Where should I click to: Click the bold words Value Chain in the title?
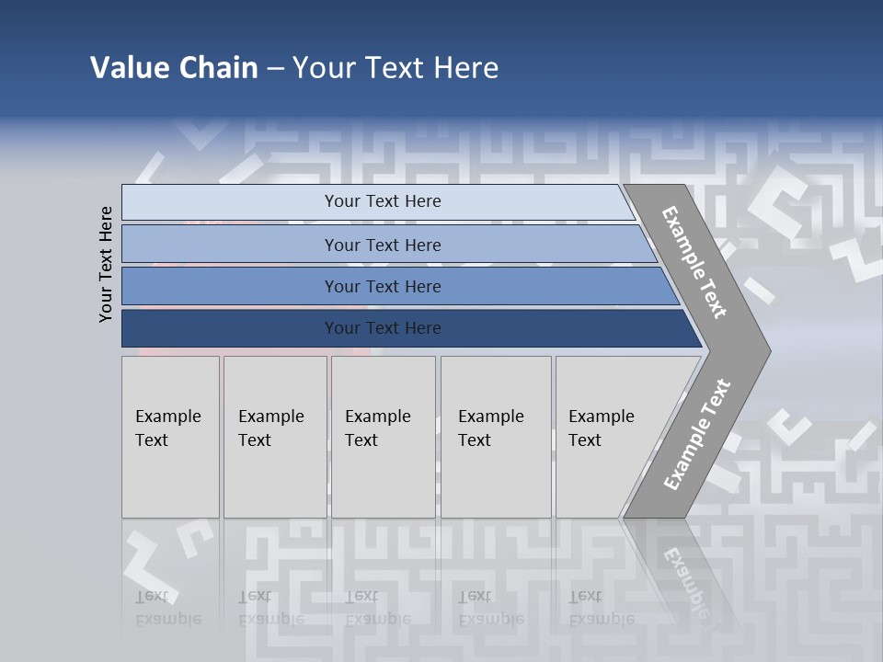pos(174,68)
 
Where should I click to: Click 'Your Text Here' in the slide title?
pos(396,68)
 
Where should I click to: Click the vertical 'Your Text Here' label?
pos(106,264)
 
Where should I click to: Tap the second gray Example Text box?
pos(275,437)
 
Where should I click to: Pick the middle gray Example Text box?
pos(383,437)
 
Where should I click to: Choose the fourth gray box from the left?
pos(496,437)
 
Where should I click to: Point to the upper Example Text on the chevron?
pos(694,262)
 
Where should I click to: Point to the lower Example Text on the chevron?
pos(696,434)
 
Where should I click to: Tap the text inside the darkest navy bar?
pos(383,328)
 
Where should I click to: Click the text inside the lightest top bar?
pos(383,201)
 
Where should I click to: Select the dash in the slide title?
pos(275,68)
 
